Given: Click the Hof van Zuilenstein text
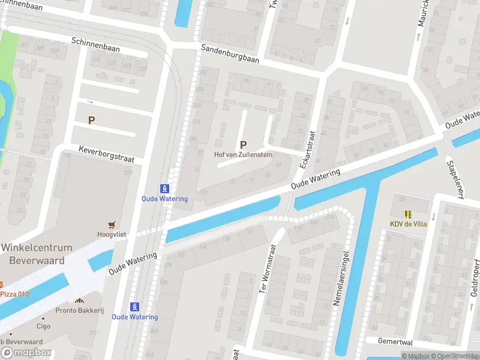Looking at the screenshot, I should point(244,154).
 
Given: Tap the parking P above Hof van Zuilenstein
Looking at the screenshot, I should point(243,145).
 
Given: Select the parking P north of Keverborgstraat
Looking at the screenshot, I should point(92,120).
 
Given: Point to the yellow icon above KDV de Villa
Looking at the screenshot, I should point(407,214).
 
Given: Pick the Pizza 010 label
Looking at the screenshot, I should point(14,294).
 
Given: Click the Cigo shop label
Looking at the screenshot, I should point(43,326).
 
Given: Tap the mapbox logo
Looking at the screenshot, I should point(26,353).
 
